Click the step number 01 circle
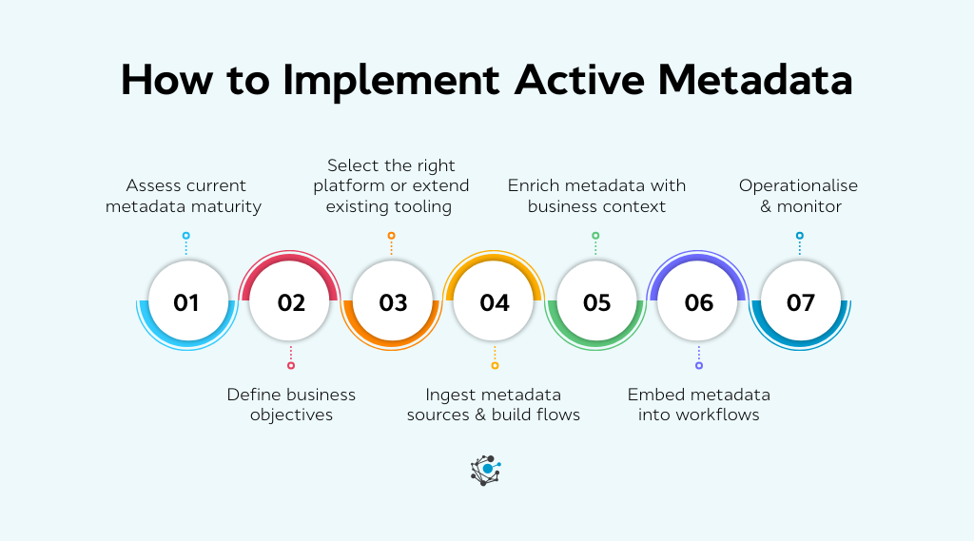pos(186,302)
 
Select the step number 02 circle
pos(290,302)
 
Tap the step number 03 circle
pos(392,302)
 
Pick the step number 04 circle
pos(495,302)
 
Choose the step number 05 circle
pos(596,302)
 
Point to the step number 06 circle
pos(698,302)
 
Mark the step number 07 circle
pos(800,302)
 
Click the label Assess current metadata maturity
pos(185,196)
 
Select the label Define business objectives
pos(291,404)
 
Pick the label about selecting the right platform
pos(391,185)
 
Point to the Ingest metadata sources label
pos(494,404)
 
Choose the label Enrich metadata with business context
pos(596,196)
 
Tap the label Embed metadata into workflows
pos(698,404)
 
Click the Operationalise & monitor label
pos(799,196)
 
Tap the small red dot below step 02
pos(291,365)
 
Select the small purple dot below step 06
pos(699,365)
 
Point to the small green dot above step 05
pos(595,236)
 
